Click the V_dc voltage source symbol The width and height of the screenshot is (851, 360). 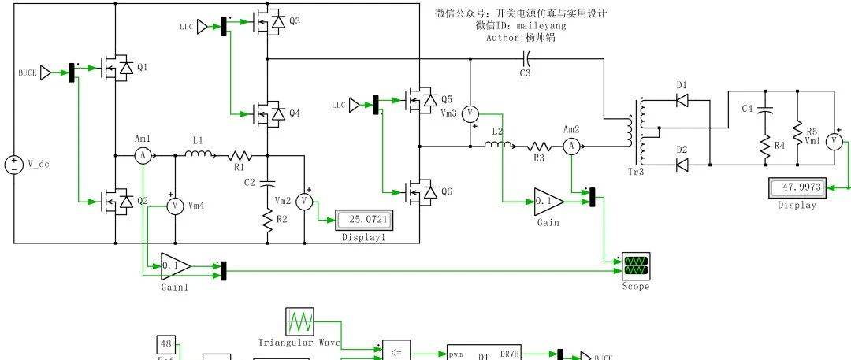pos(14,165)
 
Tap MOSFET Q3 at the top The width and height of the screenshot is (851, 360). pos(269,24)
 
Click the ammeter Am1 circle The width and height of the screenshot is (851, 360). pos(143,155)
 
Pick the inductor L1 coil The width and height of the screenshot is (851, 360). pos(196,154)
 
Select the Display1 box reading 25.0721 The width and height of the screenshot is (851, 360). pos(363,218)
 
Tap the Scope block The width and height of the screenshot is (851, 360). pos(635,264)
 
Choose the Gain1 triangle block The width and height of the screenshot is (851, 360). pos(175,265)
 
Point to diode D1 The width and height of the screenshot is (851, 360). pos(682,100)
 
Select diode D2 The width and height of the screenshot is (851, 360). pos(682,164)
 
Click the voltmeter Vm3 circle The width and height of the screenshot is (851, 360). pos(470,113)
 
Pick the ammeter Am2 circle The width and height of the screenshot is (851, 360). pos(573,145)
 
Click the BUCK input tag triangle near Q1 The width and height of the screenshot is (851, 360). pos(46,72)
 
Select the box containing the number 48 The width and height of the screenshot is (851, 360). pos(166,343)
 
